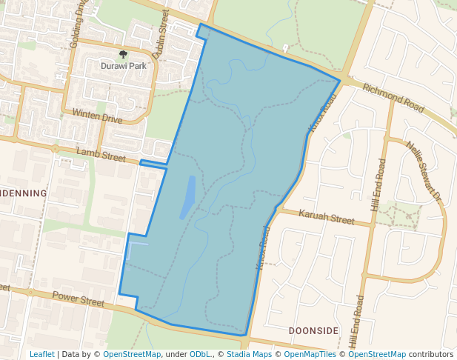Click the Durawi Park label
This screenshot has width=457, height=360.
[124, 66]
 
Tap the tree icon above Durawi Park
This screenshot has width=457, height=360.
[123, 54]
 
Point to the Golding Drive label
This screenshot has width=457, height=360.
[79, 25]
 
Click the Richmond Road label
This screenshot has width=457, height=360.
[393, 99]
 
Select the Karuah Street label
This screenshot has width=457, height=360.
[327, 219]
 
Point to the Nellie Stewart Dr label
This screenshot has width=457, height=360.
[424, 173]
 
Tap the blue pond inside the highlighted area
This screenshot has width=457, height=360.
[188, 196]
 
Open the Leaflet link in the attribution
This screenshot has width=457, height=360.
[41, 354]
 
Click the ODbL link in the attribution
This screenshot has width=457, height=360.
[200, 354]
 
